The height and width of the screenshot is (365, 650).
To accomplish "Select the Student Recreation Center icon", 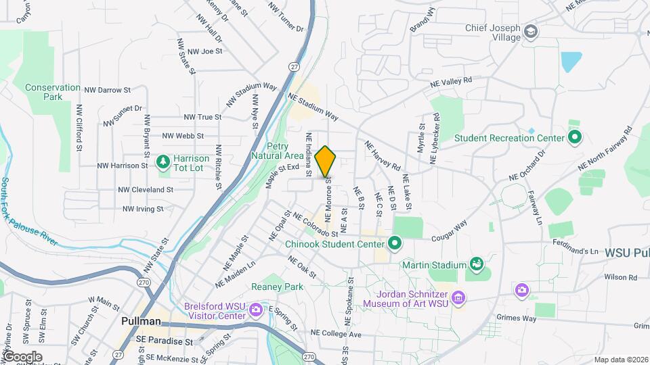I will click(575, 138).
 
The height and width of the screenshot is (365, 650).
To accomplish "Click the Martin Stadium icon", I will click(476, 264).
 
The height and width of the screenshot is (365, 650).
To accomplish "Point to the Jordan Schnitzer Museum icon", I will click(459, 297).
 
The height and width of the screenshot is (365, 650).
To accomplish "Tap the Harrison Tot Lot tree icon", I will click(162, 162).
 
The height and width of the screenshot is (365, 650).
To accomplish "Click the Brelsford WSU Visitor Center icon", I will click(256, 310).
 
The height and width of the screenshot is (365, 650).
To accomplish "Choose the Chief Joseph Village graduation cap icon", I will click(532, 32).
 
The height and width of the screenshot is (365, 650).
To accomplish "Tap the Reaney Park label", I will click(278, 287).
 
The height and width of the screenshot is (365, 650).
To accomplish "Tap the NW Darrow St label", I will click(108, 89).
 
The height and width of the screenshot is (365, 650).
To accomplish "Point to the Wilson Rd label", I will click(621, 277).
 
